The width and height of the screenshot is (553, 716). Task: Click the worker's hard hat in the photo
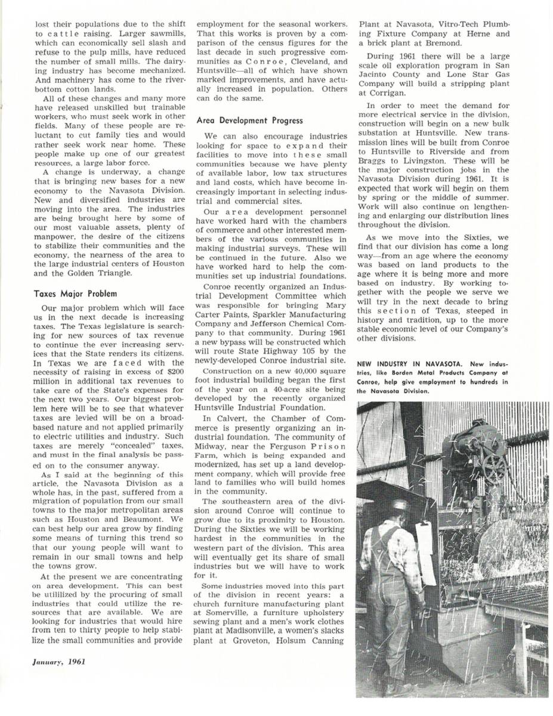(x=401, y=505)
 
